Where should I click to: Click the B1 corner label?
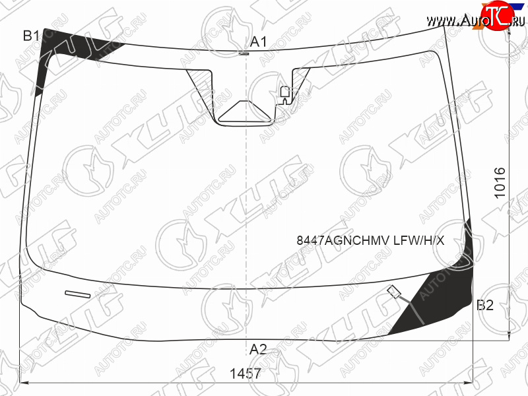[x=31, y=36]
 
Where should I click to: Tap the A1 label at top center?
[x=258, y=42]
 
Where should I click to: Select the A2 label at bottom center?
[x=258, y=350]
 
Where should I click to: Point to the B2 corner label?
[x=485, y=305]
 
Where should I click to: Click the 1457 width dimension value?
[x=245, y=374]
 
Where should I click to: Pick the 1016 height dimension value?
[x=500, y=183]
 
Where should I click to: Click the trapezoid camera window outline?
[x=245, y=111]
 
